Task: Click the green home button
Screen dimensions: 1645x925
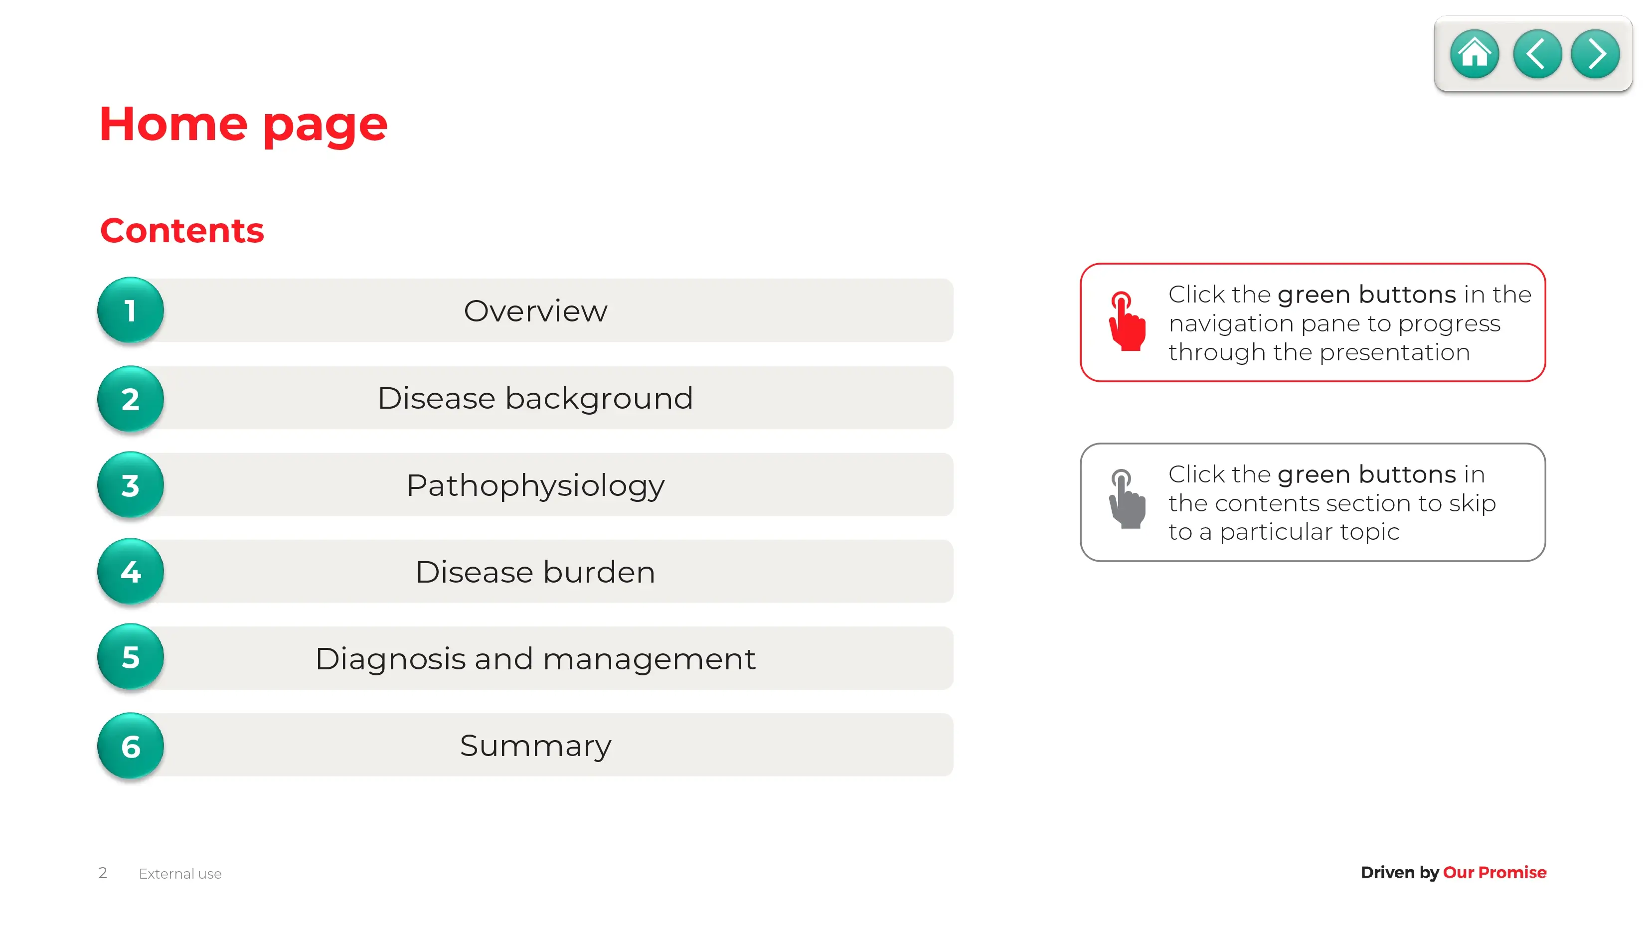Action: (x=1474, y=54)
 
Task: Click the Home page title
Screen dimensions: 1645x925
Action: (x=243, y=125)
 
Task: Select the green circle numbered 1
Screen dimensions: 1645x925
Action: (x=130, y=310)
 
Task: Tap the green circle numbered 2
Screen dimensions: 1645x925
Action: (x=130, y=398)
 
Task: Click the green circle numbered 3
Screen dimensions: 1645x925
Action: (x=130, y=484)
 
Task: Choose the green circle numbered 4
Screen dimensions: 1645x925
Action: (x=130, y=571)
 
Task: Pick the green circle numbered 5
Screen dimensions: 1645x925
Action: (x=130, y=657)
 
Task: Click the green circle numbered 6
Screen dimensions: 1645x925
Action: (x=130, y=746)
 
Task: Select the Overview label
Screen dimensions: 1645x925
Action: (x=535, y=311)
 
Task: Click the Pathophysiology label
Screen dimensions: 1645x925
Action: (x=535, y=486)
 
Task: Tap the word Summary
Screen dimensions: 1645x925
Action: (x=535, y=746)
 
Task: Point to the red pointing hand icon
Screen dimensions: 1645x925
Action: (x=1127, y=321)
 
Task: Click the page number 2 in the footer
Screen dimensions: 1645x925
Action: (x=103, y=873)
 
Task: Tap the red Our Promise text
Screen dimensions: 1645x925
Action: (x=1494, y=872)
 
